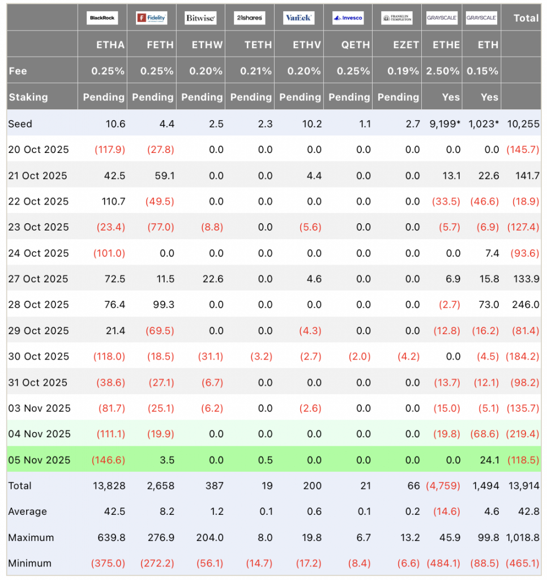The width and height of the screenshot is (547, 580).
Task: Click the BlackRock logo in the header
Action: click(102, 18)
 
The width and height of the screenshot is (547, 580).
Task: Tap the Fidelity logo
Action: click(152, 18)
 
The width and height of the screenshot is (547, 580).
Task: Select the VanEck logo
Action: click(298, 18)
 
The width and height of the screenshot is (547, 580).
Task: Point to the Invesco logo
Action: click(348, 18)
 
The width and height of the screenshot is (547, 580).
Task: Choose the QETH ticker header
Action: click(356, 45)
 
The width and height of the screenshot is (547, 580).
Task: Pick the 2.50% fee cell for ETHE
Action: click(446, 71)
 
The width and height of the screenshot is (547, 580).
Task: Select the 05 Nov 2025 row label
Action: click(39, 460)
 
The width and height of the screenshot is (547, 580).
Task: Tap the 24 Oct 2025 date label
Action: click(39, 253)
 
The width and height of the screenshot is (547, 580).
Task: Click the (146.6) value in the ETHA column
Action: click(108, 460)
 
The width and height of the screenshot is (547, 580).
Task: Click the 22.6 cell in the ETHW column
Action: click(212, 279)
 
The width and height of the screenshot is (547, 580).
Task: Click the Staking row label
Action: click(28, 97)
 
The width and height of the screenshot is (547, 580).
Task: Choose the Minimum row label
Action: click(29, 564)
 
